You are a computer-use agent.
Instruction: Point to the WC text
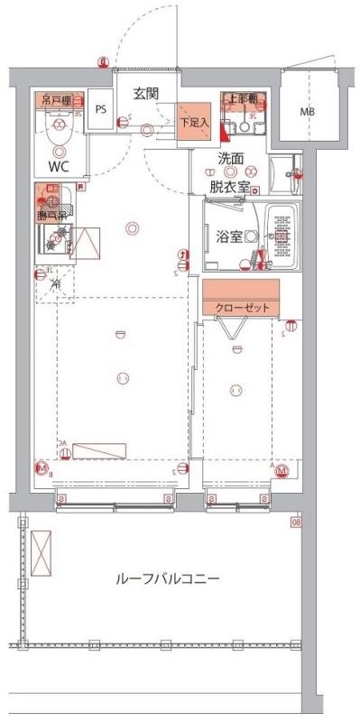click(58, 166)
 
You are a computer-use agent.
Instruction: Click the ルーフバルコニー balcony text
click(168, 579)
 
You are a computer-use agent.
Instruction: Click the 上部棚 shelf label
click(242, 98)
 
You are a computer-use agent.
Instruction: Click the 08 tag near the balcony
click(295, 520)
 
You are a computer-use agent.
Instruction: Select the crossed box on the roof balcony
click(42, 551)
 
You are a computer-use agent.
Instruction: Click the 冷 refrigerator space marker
click(56, 285)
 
